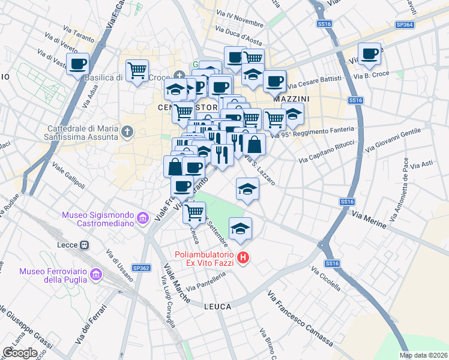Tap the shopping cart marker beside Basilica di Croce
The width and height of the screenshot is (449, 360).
pos(137,70)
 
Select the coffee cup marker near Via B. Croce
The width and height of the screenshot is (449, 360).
pos(369,53)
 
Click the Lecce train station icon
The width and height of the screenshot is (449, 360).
pos(85,245)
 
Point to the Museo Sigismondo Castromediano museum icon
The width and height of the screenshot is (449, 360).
pos(143,219)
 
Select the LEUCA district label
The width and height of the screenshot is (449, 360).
pos(217,307)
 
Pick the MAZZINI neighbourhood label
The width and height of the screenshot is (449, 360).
pos(291,98)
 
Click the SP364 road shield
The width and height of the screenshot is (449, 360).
pos(405,25)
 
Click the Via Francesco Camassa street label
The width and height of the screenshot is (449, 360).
pos(300,319)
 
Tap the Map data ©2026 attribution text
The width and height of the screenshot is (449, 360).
pos(424,355)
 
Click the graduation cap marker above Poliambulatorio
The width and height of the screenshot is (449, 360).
pos(241,229)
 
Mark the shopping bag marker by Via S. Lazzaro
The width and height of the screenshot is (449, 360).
pos(254,145)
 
